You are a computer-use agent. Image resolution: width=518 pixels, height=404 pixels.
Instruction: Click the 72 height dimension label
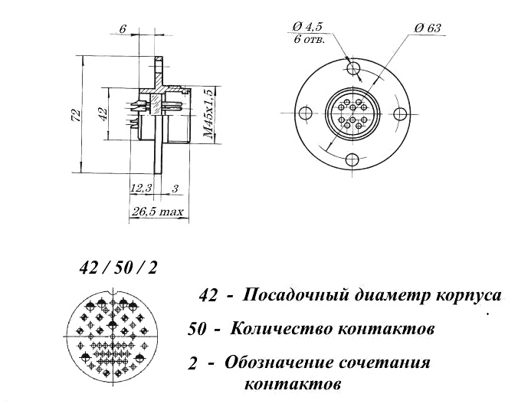coord(77,115)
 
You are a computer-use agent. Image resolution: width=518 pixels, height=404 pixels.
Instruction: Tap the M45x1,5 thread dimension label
coord(208,113)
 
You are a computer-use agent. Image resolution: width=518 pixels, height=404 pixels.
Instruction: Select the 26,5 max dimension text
coord(158,212)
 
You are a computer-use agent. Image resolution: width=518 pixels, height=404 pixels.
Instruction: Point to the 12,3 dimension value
coord(141,189)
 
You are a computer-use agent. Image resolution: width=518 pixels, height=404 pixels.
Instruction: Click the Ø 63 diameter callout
coord(428,28)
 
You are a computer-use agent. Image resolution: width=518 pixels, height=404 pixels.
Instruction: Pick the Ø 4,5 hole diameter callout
coord(307,27)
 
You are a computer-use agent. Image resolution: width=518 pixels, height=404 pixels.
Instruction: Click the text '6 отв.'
coord(310,40)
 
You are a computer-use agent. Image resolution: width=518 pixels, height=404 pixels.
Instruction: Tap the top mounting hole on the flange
coord(353,67)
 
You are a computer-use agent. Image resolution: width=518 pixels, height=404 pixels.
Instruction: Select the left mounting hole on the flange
coord(305,113)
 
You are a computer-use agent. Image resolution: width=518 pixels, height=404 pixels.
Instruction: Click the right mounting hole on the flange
coord(401,113)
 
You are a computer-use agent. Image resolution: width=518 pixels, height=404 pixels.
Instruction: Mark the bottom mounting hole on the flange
coord(352,159)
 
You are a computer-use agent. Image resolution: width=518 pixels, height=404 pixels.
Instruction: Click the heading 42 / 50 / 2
coord(118,268)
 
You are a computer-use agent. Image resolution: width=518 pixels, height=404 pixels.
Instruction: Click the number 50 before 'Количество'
coord(198,330)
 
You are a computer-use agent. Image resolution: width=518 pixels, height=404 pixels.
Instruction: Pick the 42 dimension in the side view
coord(103,113)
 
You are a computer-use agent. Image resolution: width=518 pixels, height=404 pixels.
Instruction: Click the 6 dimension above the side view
coord(123,29)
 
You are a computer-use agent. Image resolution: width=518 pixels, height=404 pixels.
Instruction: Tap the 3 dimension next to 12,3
coord(175,189)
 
